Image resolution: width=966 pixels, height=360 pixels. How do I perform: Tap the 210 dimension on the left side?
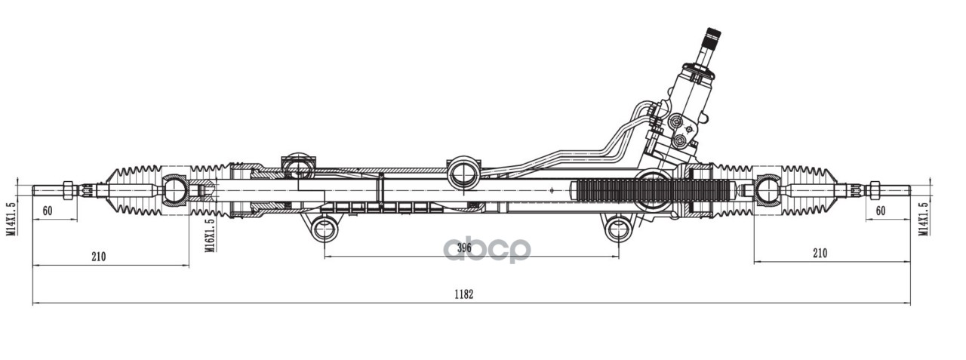(x=98, y=256)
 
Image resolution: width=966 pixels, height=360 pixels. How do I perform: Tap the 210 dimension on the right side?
(x=820, y=253)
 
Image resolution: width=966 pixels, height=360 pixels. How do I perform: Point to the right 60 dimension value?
(x=880, y=211)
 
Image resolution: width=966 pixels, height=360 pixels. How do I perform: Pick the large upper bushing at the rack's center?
(x=463, y=174)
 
